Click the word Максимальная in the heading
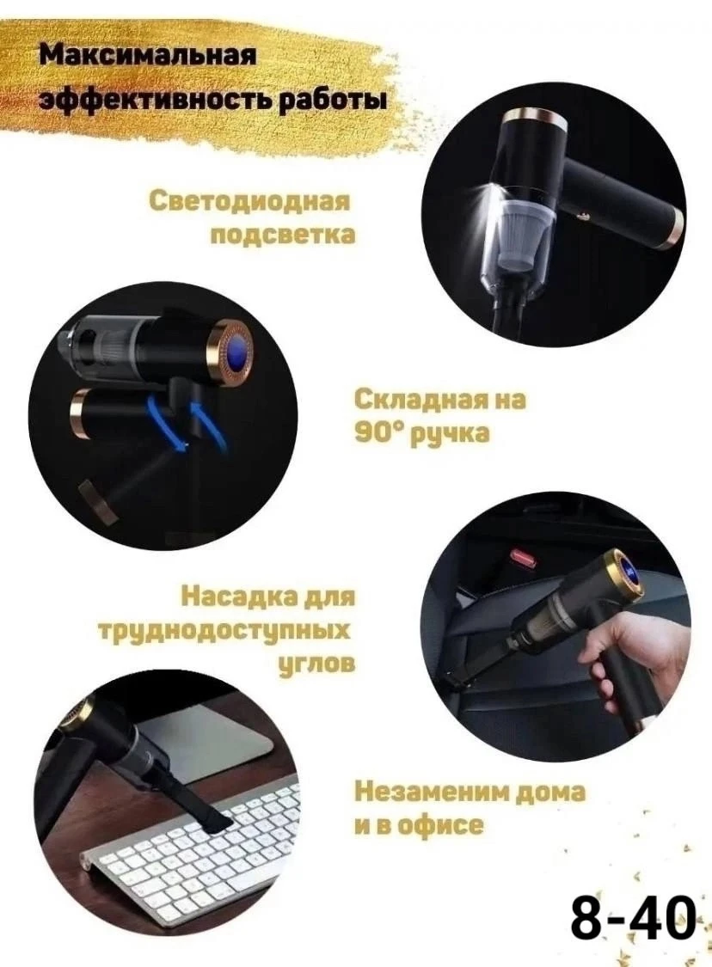(x=147, y=56)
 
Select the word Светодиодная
(x=249, y=202)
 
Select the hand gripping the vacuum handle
(x=620, y=656)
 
